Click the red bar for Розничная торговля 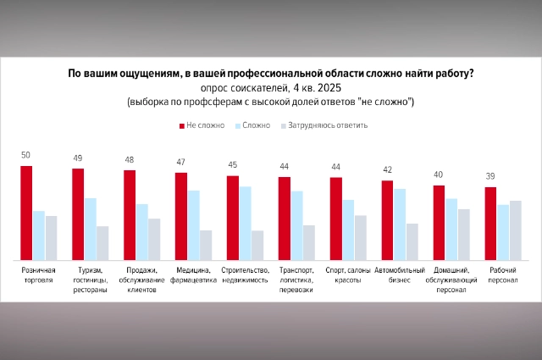[26, 213]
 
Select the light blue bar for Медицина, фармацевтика [194, 224]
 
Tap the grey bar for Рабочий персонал [515, 230]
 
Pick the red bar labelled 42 [387, 219]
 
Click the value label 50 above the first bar [26, 155]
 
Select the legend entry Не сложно [201, 125]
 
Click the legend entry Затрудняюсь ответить [324, 125]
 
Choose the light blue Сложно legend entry [252, 125]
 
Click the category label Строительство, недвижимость [245, 275]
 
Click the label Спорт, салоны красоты [348, 275]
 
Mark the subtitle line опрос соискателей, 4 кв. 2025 [270, 88]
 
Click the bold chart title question [270, 73]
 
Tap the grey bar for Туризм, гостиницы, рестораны [102, 242]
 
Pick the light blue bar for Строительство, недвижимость [245, 223]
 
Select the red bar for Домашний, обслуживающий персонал [439, 222]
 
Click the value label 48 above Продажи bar [130, 159]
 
